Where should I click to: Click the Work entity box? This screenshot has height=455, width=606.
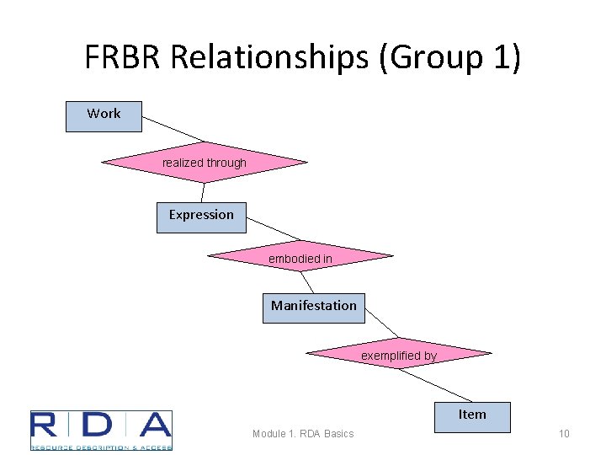pos(104,116)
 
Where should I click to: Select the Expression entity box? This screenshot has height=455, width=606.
pos(201,217)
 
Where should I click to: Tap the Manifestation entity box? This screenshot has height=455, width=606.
pos(313,307)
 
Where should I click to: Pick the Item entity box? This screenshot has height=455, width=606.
pos(472,416)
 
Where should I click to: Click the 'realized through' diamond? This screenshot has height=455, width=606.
pos(205,163)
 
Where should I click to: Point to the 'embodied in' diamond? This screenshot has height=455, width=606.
pos(300,257)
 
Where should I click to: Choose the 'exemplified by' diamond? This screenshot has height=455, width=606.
pos(398,354)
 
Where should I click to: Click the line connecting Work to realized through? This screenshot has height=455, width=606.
pos(173,129)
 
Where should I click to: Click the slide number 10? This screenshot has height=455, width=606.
pos(564,434)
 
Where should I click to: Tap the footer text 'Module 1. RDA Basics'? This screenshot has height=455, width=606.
pos(303,434)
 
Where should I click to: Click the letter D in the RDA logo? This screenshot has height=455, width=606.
pos(102,426)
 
